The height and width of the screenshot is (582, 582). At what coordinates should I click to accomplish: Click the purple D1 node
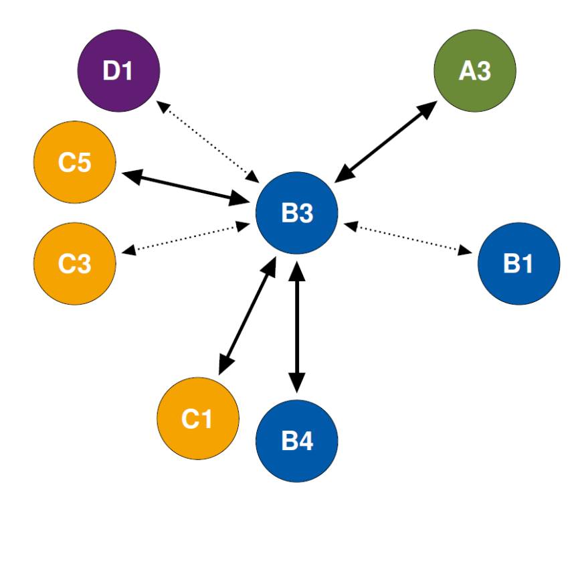pos(119,70)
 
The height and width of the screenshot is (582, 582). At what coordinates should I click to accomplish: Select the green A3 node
pos(475,70)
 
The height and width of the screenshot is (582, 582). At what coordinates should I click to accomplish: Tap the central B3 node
pos(297,213)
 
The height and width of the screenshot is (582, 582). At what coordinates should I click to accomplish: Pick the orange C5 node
pos(75,162)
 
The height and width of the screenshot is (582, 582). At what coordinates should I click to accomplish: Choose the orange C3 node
pos(75,264)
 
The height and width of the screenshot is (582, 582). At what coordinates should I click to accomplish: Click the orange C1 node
pos(198,419)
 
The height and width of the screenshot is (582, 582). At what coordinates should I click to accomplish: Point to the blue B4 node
pos(297,441)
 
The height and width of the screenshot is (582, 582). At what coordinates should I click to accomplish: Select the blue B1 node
pos(518,264)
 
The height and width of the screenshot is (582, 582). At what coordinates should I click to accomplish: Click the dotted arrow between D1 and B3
pos(208,141)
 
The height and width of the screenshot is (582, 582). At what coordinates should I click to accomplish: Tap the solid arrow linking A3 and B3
pos(386,142)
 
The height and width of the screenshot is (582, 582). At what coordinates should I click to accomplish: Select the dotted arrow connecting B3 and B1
pos(409,239)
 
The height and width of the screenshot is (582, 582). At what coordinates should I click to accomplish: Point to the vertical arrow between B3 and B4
pos(297,326)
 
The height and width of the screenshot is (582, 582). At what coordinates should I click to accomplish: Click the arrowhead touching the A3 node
pos(429,108)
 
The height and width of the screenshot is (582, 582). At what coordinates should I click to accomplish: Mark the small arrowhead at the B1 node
pos(464,251)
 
